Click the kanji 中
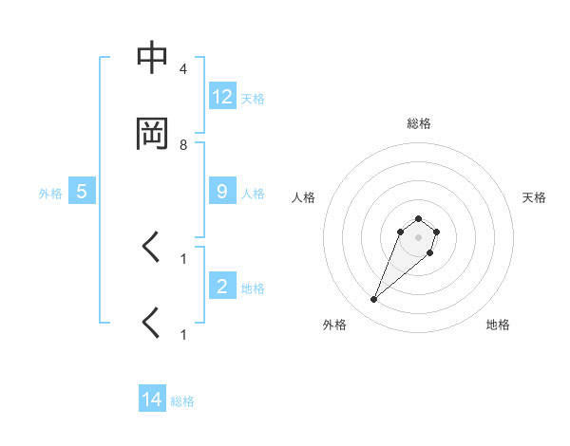[152, 60]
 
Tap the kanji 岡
[152, 134]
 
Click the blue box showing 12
[221, 96]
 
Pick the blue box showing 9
[221, 191]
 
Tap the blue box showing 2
[221, 286]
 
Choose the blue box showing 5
[82, 191]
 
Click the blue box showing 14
[152, 400]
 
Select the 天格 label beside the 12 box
[253, 98]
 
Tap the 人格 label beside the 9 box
[253, 193]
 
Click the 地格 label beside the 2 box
[253, 288]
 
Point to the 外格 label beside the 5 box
[50, 193]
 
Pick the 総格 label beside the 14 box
[182, 401]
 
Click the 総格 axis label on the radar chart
[418, 123]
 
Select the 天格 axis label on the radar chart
[535, 197]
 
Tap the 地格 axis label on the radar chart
[498, 325]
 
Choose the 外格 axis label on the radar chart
[334, 325]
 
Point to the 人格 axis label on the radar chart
[303, 197]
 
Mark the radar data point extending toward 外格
[374, 300]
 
